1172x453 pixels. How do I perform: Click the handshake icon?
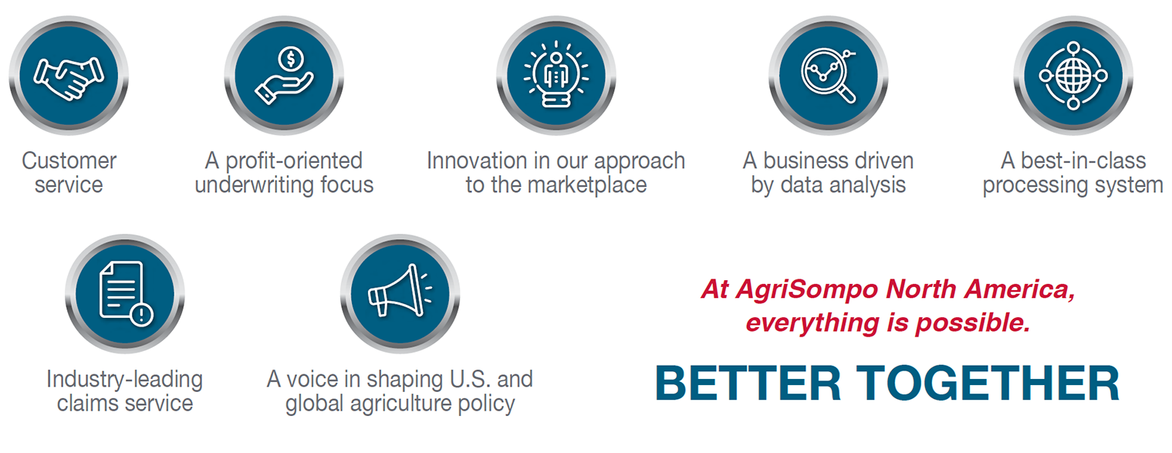69,78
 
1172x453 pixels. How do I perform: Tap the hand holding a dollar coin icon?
284,75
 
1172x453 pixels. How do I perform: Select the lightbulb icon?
556,75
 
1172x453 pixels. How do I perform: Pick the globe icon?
1073,76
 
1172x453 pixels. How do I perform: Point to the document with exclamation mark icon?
126,293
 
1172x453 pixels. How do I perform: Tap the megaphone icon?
400,291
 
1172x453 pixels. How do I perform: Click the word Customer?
69,161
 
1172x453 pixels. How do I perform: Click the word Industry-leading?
124,379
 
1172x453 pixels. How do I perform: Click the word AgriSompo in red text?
806,290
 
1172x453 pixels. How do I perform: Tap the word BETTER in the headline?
748,383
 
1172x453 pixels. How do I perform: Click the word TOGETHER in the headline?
988,383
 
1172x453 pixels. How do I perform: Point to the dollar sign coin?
291,58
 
